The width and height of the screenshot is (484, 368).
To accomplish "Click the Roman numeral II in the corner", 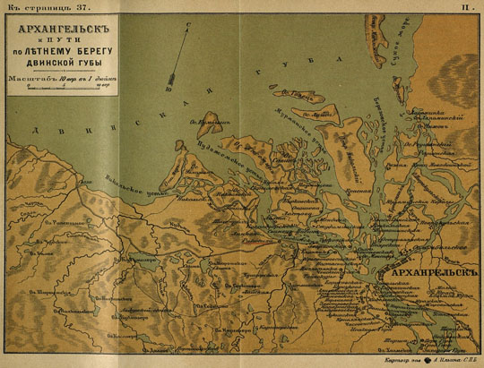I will tap(465, 6).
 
